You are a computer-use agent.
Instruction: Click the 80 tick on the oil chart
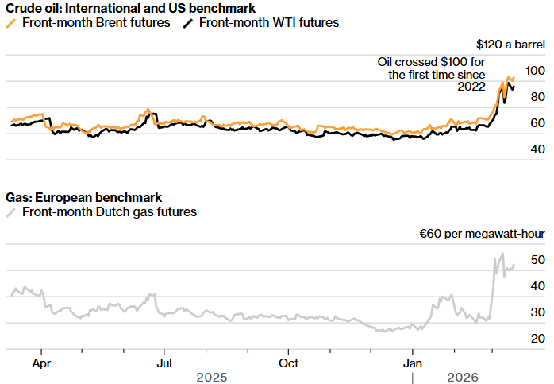coord(537,97)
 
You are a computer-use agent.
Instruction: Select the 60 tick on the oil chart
coord(537,123)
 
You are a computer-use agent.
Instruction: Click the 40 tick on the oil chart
coord(537,149)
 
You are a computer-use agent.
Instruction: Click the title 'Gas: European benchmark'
coord(83,197)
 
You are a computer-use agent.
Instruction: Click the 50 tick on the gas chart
coord(537,261)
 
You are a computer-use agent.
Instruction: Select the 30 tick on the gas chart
coord(537,312)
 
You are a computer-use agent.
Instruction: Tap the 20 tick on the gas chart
coord(537,339)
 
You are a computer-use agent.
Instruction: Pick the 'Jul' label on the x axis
coord(164,363)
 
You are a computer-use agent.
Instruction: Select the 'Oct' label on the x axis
coord(288,363)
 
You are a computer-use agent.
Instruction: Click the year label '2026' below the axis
coord(463,377)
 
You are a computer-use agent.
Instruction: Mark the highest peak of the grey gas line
coord(502,254)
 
